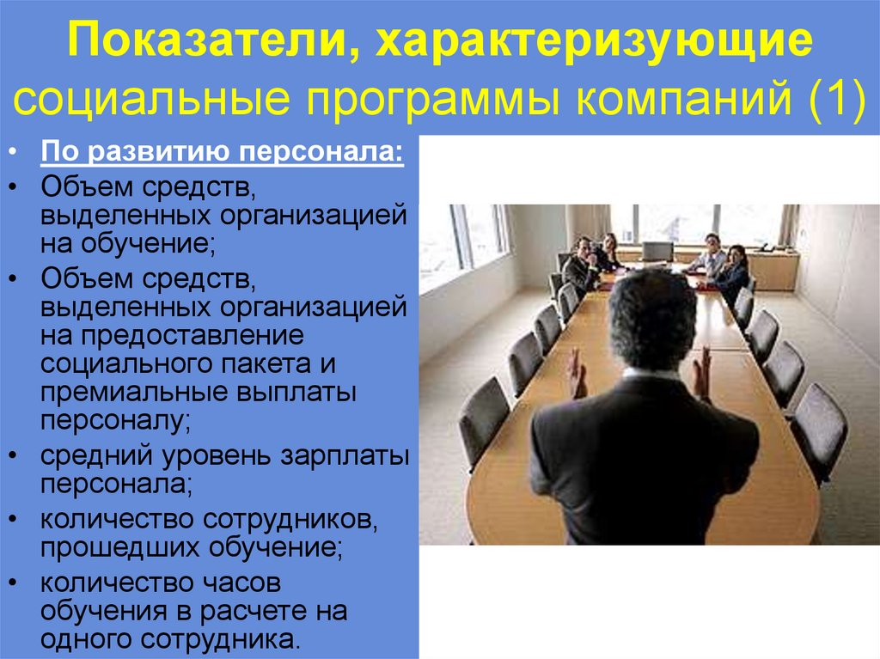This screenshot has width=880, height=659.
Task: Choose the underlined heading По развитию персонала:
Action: (x=222, y=156)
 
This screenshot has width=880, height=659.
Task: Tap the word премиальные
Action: (x=141, y=393)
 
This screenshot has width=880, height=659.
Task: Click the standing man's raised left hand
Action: (x=576, y=371)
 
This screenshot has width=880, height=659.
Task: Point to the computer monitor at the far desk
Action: (x=657, y=251)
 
